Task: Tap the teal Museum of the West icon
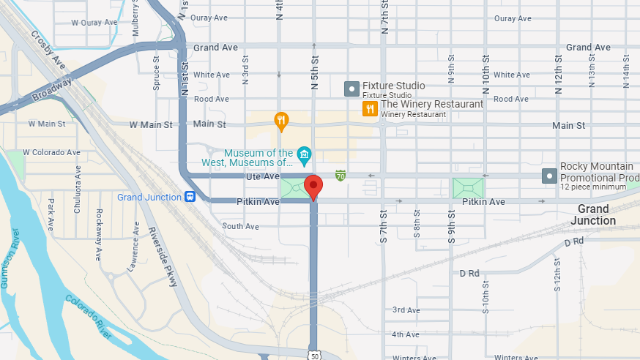pyautogui.click(x=305, y=154)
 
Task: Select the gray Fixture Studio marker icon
pyautogui.click(x=351, y=89)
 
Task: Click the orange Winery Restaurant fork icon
pyautogui.click(x=370, y=108)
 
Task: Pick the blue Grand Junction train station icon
pyautogui.click(x=190, y=197)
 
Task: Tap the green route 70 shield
pyautogui.click(x=341, y=176)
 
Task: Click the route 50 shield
pyautogui.click(x=313, y=355)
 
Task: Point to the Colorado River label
pyautogui.click(x=89, y=316)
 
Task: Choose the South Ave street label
pyautogui.click(x=241, y=227)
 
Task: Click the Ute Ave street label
pyautogui.click(x=262, y=176)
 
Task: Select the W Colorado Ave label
pyautogui.click(x=51, y=152)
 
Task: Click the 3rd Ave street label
pyautogui.click(x=406, y=310)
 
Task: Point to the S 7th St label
pyautogui.click(x=383, y=226)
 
